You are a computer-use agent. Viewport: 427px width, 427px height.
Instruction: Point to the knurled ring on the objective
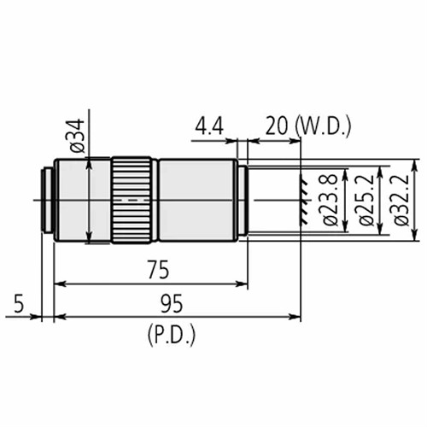click(132, 200)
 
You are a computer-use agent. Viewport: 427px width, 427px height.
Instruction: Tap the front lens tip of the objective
click(243, 200)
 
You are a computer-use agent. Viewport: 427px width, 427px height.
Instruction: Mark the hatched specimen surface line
click(301, 200)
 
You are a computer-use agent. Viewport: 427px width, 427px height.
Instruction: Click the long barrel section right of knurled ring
click(196, 200)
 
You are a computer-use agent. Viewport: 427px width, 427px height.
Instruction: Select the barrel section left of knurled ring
click(82, 200)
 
